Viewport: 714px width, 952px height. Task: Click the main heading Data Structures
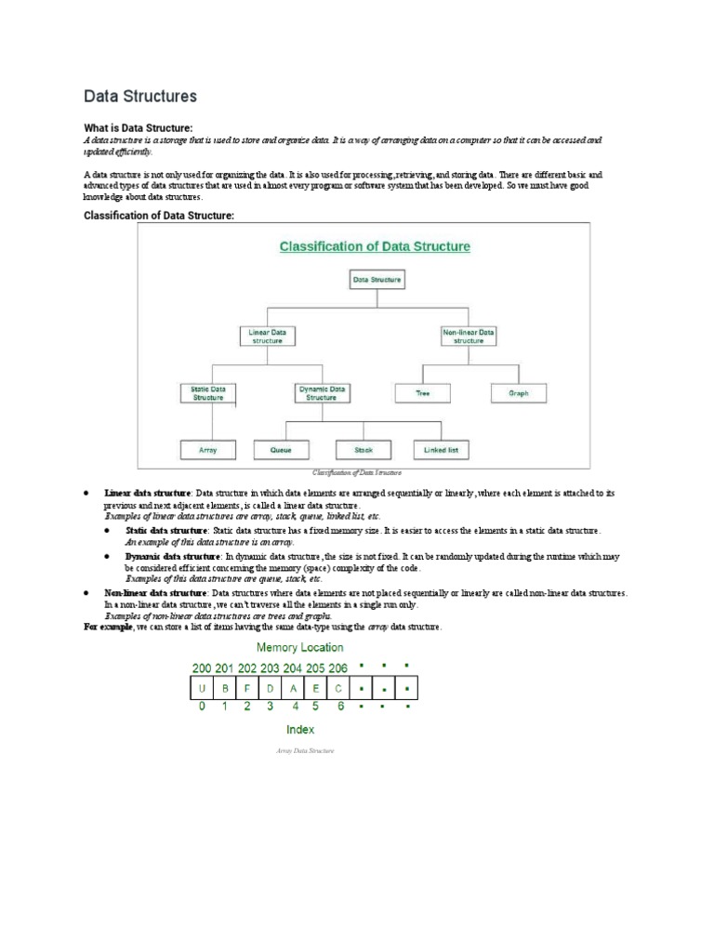(140, 96)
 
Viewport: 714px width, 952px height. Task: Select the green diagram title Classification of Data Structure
(376, 246)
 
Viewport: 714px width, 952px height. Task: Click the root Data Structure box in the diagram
(377, 279)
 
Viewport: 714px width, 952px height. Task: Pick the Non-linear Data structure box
(468, 336)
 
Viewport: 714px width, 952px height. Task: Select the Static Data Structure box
(207, 392)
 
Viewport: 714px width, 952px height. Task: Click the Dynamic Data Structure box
(322, 392)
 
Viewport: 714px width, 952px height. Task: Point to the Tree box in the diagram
(424, 393)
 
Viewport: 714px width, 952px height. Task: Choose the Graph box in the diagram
(519, 393)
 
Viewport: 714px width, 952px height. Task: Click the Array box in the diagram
(207, 450)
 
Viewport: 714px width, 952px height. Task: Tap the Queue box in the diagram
(282, 450)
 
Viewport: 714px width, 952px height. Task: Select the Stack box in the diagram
(363, 450)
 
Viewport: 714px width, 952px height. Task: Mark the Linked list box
(441, 450)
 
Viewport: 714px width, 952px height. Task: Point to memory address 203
(270, 668)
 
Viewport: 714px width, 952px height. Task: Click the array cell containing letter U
(202, 689)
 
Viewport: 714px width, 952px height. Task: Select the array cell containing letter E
(316, 689)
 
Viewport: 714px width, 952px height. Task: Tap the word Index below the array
(299, 730)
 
